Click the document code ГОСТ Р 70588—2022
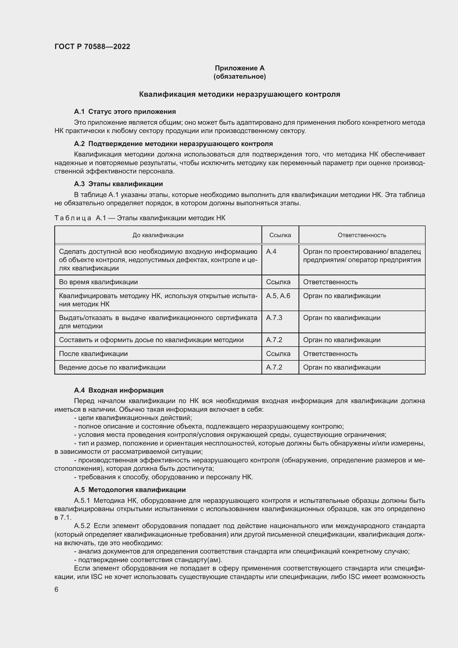tap(92, 47)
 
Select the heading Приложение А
tap(240, 68)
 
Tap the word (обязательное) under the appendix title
tap(240, 76)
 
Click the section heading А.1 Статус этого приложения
tap(125, 111)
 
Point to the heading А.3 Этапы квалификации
tap(118, 184)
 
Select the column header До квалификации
tap(158, 235)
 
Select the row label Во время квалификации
tap(98, 282)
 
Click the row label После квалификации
tap(93, 354)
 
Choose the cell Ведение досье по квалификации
tap(112, 367)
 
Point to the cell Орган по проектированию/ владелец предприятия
tap(362, 256)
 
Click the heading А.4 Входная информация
tap(119, 390)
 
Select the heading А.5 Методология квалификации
tap(130, 490)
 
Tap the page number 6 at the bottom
tap(56, 590)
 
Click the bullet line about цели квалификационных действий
tap(133, 418)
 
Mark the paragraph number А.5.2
tap(82, 526)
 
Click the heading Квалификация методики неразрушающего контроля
tap(240, 94)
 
